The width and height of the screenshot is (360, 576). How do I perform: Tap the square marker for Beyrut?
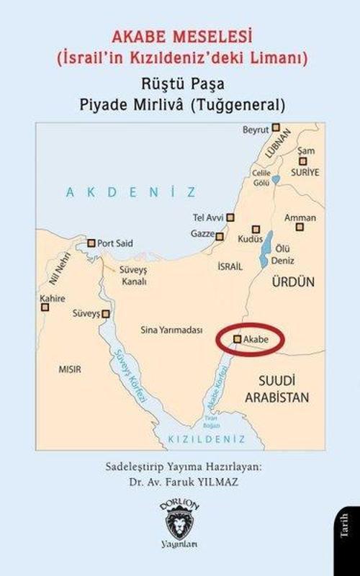click(274, 130)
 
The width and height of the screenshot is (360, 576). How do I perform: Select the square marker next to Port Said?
click(91, 243)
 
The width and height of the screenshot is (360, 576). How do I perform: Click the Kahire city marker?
click(45, 307)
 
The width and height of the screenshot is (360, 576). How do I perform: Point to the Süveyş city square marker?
click(107, 314)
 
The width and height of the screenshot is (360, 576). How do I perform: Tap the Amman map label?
click(300, 217)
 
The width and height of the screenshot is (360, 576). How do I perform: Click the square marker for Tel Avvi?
click(230, 217)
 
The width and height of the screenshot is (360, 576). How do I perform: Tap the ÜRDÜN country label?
click(292, 284)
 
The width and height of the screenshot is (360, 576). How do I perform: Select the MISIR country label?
click(69, 369)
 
